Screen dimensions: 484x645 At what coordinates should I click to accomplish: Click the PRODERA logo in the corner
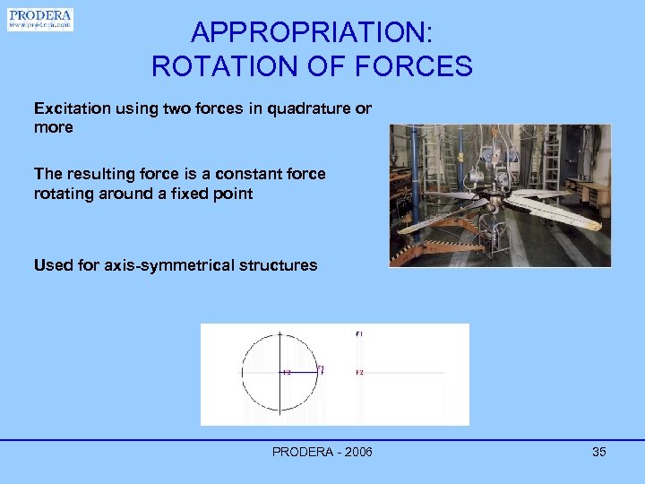point(40,20)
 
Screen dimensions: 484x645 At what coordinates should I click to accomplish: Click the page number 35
point(598,452)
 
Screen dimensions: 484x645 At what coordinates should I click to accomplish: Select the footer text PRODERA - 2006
point(322,452)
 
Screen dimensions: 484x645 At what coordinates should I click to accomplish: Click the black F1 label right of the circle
point(358,334)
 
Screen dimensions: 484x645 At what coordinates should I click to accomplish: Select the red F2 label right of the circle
point(358,372)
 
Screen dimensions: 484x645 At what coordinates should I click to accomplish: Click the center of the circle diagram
point(280,371)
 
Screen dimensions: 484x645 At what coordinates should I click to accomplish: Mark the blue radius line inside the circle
point(300,371)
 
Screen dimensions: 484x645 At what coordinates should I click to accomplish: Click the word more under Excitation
point(53,128)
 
